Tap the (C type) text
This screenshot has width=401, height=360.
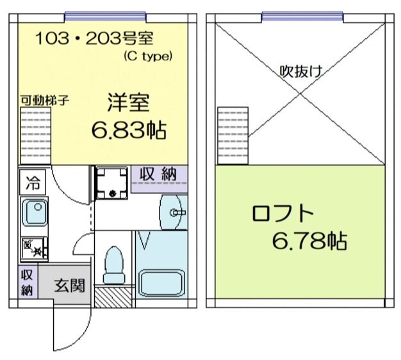(x=147, y=56)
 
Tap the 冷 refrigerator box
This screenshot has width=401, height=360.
(x=31, y=183)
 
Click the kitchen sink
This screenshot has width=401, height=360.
(x=33, y=213)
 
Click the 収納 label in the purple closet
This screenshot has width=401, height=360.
(x=160, y=174)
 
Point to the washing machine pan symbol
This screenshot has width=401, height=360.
(x=112, y=183)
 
